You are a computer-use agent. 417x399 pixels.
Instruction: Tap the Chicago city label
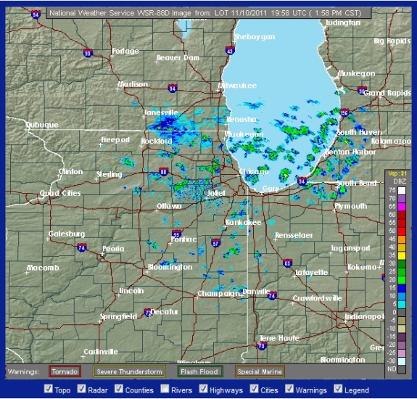coord(253,171)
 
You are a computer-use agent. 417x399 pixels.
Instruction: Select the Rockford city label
coord(156,141)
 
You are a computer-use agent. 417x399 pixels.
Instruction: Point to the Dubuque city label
coord(41,125)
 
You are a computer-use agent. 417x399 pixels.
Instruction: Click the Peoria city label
coord(113,249)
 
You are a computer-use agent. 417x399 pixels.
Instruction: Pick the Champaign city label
coord(218,294)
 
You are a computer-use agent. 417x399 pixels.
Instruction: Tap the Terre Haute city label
coord(279,338)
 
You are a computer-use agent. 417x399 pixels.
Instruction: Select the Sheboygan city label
coord(255,37)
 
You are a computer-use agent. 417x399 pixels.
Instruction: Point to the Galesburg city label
coord(67,234)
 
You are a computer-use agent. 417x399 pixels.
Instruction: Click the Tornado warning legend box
coord(65,371)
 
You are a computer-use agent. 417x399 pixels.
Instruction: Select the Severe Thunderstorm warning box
coord(129,371)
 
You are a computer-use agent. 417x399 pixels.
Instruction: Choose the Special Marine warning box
coord(259,371)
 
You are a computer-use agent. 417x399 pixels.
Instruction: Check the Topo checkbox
coord(48,389)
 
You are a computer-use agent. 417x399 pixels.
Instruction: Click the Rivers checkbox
coord(165,389)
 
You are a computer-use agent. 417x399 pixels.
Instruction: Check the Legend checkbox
coord(339,389)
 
